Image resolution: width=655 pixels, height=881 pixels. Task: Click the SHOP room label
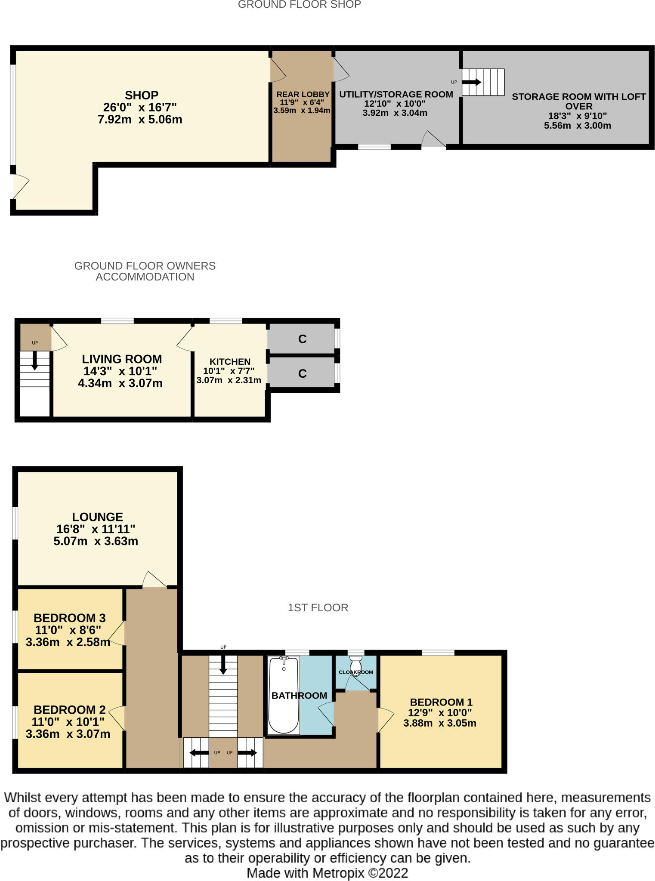tap(142, 95)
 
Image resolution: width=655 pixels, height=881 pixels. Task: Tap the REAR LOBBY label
tap(303, 95)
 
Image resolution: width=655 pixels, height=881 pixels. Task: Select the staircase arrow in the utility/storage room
tap(472, 82)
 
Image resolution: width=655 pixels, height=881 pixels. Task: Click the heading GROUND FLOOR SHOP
tap(299, 5)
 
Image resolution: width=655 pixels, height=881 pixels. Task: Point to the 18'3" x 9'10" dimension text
tap(577, 116)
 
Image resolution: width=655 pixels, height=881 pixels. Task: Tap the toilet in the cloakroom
tap(356, 660)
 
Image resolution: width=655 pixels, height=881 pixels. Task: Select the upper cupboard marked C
tap(302, 339)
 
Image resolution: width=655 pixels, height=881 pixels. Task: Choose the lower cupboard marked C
tap(302, 373)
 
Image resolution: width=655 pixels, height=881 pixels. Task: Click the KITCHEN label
tap(230, 362)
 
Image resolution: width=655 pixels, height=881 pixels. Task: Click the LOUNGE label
tap(97, 517)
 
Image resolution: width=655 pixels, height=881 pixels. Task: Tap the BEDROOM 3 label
tap(69, 618)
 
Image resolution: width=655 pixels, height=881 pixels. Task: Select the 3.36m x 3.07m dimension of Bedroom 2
tap(68, 734)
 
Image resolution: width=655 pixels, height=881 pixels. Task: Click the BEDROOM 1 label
tap(441, 702)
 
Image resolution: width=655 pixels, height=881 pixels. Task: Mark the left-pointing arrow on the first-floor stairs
tap(198, 753)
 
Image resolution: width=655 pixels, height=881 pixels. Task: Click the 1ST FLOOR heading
tap(318, 608)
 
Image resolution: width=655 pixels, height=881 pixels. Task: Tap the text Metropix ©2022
tap(360, 873)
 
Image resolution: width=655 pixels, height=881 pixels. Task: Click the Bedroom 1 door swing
tap(386, 720)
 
